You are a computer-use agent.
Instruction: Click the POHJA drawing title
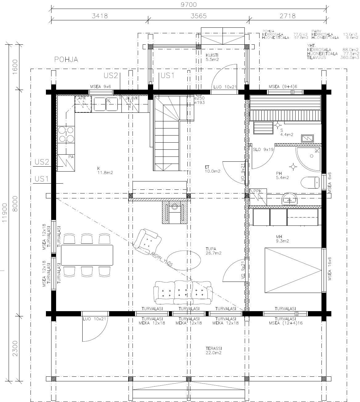coord(66,60)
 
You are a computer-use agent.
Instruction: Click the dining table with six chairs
coord(87,255)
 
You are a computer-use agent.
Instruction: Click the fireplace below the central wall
coord(175,212)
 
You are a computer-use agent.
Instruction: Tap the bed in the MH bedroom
coord(293,270)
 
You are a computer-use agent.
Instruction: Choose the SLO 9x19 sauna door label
coord(264,149)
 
